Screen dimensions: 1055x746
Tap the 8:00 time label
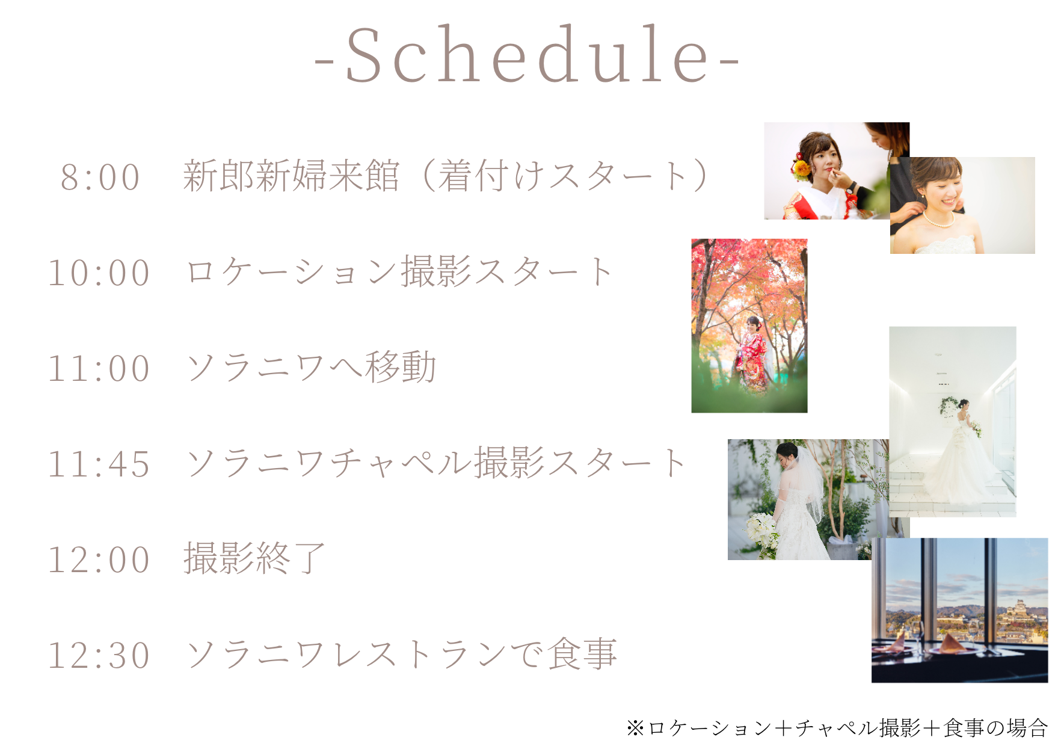point(100,177)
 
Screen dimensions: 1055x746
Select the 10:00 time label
point(99,273)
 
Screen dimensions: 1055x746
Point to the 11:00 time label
point(99,369)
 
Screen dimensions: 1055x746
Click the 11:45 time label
point(99,464)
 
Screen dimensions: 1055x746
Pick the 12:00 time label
point(99,560)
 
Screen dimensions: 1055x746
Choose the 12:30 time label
point(99,656)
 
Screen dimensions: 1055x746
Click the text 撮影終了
point(255,558)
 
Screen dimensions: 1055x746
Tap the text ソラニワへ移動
point(311,367)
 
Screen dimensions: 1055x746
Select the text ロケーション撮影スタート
point(399,271)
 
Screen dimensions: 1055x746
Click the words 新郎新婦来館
point(292,176)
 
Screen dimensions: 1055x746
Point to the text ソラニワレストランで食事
point(402,654)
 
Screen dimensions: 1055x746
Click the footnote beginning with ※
point(837,728)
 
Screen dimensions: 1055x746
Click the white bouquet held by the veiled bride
point(761,533)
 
